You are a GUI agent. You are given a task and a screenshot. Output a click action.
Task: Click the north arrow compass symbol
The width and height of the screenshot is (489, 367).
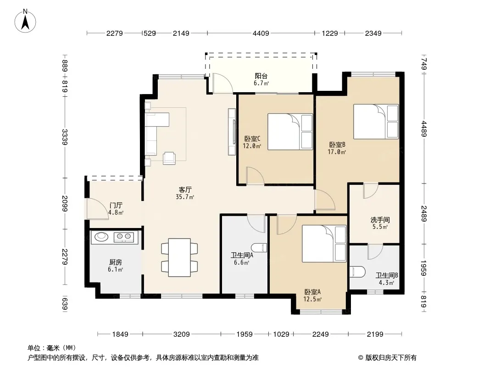pyautogui.click(x=25, y=21)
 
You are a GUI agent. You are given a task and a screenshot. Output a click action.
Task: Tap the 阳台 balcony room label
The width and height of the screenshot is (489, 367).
pyautogui.click(x=261, y=76)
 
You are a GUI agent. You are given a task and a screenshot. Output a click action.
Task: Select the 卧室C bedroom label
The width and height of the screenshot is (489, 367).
pyautogui.click(x=252, y=139)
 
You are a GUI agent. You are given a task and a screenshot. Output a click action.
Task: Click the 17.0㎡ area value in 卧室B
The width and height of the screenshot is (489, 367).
pyautogui.click(x=337, y=152)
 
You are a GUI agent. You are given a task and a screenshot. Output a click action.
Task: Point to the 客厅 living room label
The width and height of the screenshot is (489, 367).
pyautogui.click(x=185, y=189)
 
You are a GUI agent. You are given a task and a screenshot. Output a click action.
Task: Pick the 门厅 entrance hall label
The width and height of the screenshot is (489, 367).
pyautogui.click(x=116, y=206)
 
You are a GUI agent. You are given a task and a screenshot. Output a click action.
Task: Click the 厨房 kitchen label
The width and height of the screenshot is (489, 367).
pyautogui.click(x=116, y=262)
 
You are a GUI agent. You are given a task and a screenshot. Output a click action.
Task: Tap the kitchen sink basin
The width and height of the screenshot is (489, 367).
pyautogui.click(x=101, y=237)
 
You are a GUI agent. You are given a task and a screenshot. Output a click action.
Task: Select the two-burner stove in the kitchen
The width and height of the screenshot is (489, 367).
pyautogui.click(x=123, y=237)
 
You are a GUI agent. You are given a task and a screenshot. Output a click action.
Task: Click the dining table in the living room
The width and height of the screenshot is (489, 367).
pyautogui.click(x=179, y=257)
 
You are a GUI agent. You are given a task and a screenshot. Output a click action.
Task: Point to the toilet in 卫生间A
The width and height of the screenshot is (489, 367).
pyautogui.click(x=259, y=248)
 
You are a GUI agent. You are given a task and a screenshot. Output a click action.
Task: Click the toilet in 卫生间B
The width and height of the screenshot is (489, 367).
pyautogui.click(x=357, y=272)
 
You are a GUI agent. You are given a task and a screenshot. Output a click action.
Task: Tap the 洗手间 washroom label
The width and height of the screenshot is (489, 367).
pyautogui.click(x=380, y=220)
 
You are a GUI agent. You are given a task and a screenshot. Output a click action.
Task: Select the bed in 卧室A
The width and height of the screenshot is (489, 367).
pyautogui.click(x=324, y=244)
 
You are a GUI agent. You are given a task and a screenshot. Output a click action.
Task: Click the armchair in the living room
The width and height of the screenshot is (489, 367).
pyautogui.click(x=169, y=158)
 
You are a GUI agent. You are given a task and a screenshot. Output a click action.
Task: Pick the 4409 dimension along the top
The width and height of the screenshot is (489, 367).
pyautogui.click(x=261, y=33)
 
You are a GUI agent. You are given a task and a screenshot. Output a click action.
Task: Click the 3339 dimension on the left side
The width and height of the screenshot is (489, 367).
pyautogui.click(x=65, y=137)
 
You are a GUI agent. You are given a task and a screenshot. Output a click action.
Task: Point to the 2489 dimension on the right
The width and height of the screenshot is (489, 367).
pyautogui.click(x=423, y=214)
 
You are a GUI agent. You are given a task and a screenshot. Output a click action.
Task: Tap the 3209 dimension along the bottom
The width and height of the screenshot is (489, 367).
pyautogui.click(x=182, y=334)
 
